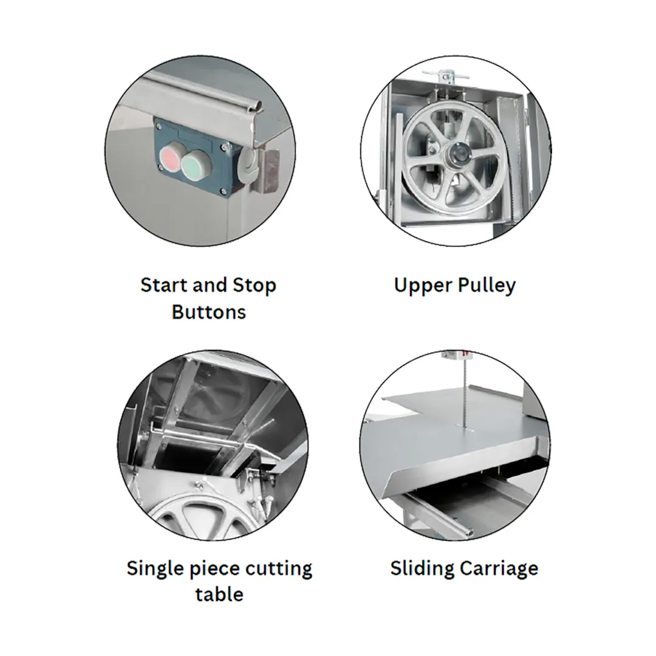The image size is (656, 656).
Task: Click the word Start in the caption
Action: (x=163, y=285)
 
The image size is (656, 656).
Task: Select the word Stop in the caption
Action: (x=255, y=285)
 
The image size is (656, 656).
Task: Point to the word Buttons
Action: (x=209, y=312)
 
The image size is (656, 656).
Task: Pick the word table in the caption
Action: (x=219, y=595)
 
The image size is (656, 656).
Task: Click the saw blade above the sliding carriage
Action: (x=465, y=394)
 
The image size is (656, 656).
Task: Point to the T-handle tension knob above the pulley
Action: (x=446, y=76)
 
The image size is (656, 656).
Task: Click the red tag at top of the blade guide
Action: (x=465, y=354)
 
